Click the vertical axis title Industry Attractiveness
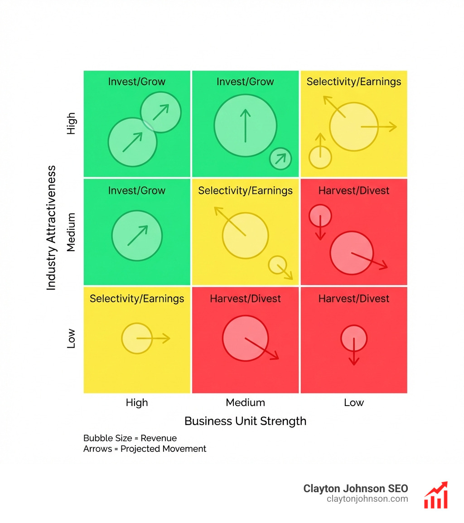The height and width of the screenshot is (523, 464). [51, 228]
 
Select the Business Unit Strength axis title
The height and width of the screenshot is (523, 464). [245, 421]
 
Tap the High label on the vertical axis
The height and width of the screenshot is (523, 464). [71, 123]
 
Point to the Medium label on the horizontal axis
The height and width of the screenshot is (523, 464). [245, 402]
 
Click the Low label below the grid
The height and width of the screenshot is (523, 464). [353, 402]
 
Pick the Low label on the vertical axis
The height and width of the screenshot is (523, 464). [71, 339]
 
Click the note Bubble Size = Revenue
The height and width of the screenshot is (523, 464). [130, 438]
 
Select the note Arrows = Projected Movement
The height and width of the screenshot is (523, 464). [145, 449]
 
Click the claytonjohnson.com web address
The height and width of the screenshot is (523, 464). [367, 499]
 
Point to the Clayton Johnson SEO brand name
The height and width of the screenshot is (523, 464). [355, 489]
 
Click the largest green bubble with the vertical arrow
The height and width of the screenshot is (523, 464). [245, 126]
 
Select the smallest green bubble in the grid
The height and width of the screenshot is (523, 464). [280, 159]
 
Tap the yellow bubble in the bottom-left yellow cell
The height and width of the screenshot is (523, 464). [137, 338]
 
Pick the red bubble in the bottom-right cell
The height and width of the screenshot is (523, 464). [353, 338]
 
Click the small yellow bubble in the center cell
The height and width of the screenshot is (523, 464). [277, 265]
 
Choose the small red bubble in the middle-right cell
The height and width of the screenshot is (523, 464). [320, 215]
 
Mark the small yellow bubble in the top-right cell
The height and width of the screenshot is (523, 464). [320, 157]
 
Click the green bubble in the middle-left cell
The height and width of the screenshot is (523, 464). [137, 235]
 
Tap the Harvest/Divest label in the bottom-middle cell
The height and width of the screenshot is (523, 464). [245, 299]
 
